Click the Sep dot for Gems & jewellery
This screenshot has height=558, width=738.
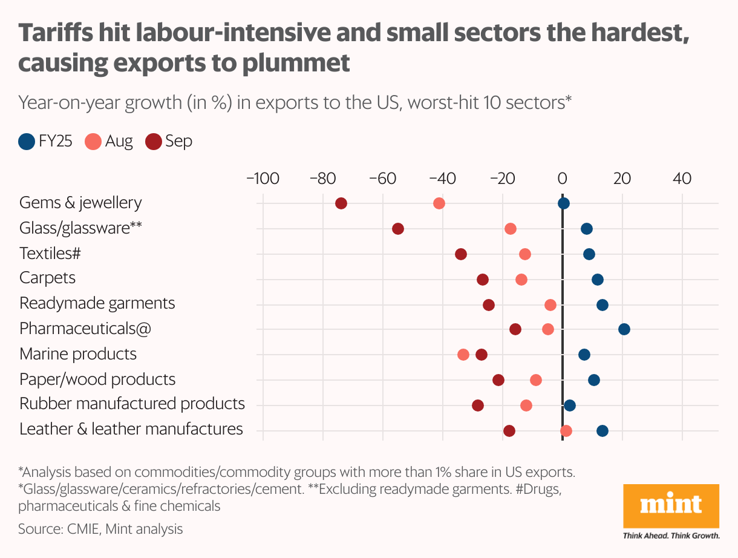tap(341, 203)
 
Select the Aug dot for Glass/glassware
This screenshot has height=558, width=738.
tap(511, 229)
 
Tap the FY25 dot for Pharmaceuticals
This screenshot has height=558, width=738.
tap(624, 329)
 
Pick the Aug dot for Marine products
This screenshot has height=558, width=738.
tap(463, 355)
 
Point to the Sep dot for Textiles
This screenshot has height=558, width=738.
tap(461, 254)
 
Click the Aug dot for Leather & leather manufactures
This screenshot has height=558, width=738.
tap(566, 431)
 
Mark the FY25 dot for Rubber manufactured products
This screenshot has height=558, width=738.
tap(570, 405)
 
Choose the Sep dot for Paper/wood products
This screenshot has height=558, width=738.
tap(498, 380)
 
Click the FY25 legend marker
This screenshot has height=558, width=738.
tap(27, 142)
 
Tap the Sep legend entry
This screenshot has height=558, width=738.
tap(169, 142)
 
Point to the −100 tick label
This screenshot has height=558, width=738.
tap(262, 179)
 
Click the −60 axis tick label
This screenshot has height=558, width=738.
tap(382, 179)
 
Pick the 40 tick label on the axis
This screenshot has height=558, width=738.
tap(682, 179)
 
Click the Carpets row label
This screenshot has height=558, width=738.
tap(48, 278)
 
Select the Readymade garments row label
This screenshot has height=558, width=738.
tap(97, 303)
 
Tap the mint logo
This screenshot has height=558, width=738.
tap(671, 505)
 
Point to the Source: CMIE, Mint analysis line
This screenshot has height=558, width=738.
tap(100, 529)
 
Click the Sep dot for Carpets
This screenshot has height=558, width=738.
tap(483, 280)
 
